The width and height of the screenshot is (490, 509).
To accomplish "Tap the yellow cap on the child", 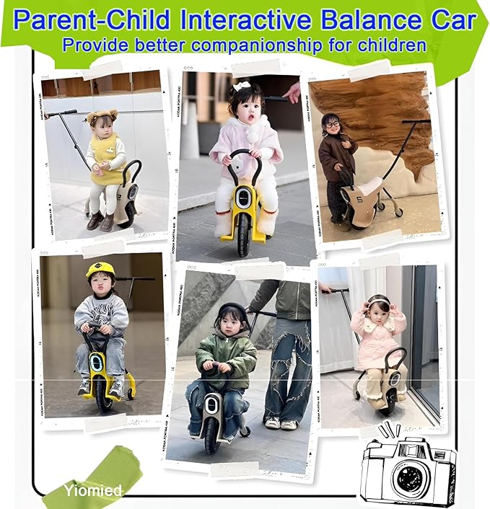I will point(100,270).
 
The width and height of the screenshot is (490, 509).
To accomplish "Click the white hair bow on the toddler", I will point(240,86).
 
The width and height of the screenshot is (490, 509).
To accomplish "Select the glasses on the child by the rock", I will point(332,124).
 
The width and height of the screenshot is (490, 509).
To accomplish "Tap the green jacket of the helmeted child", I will point(228,353).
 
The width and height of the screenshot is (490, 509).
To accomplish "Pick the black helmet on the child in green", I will point(232,311).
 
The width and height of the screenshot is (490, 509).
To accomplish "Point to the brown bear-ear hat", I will point(102,116).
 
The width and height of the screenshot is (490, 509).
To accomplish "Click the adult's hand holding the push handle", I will point(292,92).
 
